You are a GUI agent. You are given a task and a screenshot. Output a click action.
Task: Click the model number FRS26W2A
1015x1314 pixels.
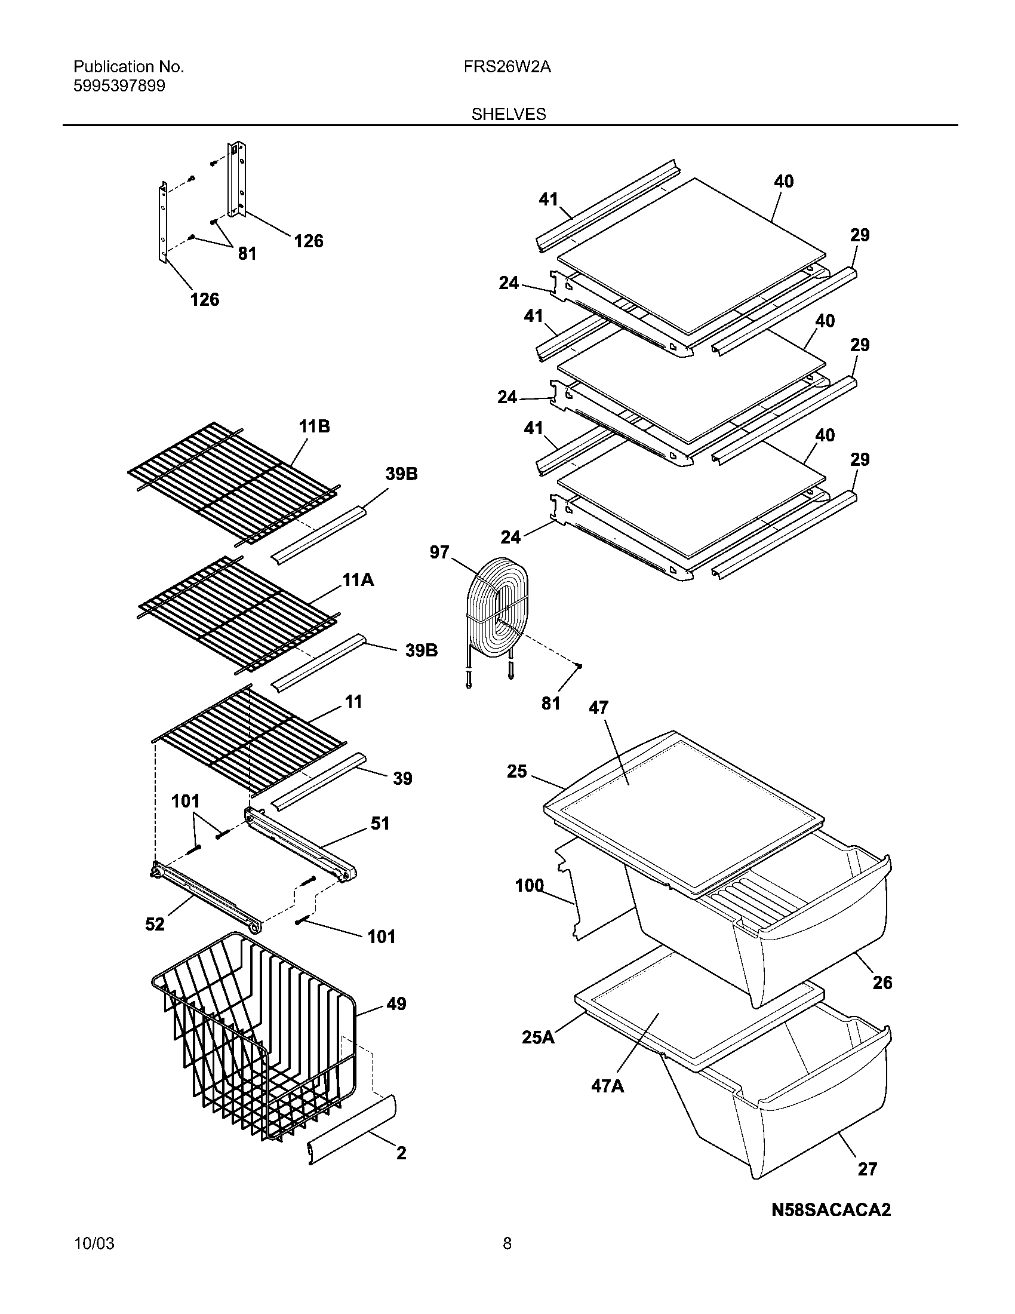pos(507,67)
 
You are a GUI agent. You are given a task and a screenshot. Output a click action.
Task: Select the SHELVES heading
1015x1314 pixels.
pos(508,114)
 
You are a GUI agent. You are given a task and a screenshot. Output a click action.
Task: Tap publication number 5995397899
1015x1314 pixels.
pos(119,86)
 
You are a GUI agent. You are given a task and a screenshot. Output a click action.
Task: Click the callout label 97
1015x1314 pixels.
pos(439,552)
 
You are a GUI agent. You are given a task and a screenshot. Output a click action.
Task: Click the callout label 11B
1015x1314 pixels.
pos(314,426)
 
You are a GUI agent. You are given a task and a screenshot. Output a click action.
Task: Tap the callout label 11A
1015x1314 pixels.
pos(358,580)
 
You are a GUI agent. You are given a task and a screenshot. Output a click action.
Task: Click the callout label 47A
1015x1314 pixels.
pos(607,1086)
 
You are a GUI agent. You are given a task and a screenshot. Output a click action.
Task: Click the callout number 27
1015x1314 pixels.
pos(867,1169)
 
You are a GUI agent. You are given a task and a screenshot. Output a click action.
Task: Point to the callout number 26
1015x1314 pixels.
pos(882,983)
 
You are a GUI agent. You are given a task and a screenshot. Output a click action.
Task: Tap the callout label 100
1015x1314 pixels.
pos(529,886)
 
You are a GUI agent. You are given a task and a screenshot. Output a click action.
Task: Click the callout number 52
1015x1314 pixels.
pos(155,924)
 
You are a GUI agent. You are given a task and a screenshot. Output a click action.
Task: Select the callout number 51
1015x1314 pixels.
pos(380,823)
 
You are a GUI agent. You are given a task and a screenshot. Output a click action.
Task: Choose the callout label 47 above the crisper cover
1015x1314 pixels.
pos(598,708)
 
